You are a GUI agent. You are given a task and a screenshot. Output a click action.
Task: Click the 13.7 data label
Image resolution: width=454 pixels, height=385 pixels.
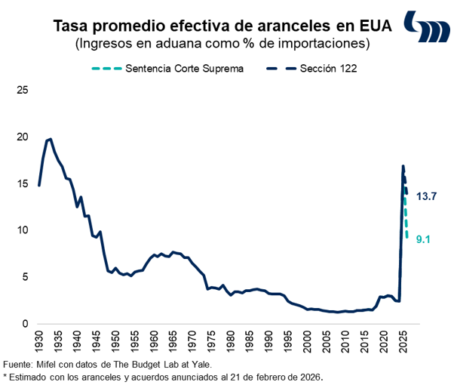[427, 196]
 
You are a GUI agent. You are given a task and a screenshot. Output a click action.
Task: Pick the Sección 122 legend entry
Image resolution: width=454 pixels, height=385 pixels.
[327, 68]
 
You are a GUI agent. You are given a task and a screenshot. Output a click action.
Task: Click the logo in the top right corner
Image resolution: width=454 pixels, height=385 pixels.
[426, 28]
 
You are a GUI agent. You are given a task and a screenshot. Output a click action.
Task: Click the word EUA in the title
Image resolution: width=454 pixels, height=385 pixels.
[376, 26]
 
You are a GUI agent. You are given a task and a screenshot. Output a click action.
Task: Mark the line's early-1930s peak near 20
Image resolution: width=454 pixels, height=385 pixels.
[49, 139]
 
